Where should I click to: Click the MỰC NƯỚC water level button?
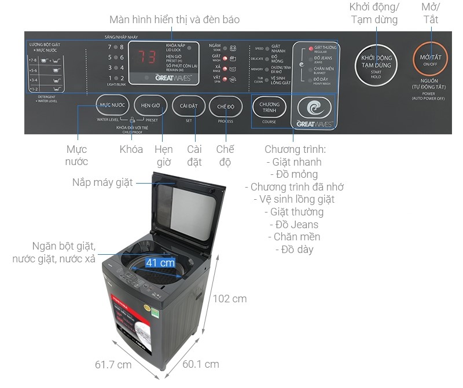tap(112, 107)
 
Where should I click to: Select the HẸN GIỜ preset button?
tap(150, 107)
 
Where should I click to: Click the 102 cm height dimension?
tap(230, 299)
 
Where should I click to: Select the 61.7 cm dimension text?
tap(113, 365)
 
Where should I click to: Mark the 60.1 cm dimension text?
tap(201, 364)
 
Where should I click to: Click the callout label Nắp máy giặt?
tap(102, 182)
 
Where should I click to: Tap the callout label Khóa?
tap(131, 149)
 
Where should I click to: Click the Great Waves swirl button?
tap(314, 107)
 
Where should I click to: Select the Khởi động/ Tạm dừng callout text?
tap(374, 13)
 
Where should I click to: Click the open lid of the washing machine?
tap(188, 211)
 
